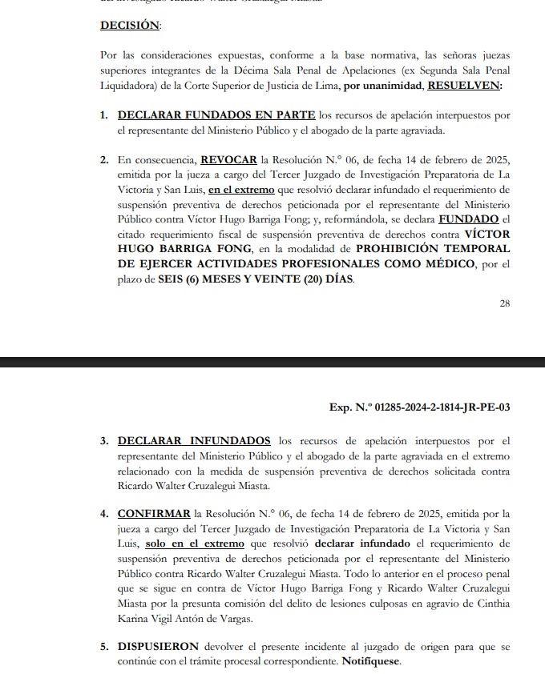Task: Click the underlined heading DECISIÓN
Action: [x=129, y=26]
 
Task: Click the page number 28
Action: [x=504, y=303]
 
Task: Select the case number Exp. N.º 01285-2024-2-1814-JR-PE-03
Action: [x=420, y=407]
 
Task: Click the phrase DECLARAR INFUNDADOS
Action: [x=194, y=441]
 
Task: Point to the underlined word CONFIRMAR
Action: [x=154, y=514]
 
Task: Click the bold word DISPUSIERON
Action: [x=156, y=646]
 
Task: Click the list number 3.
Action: [x=103, y=441]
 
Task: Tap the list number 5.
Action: [x=103, y=646]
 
